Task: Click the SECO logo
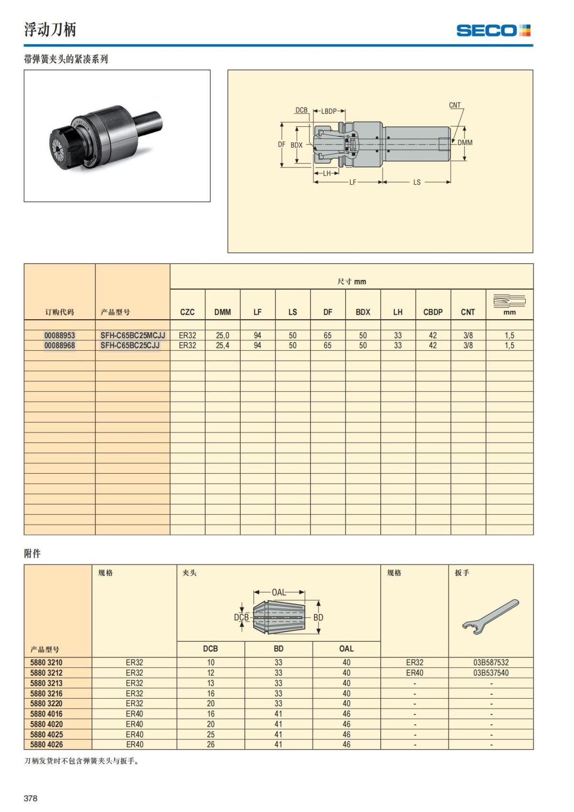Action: coord(493,31)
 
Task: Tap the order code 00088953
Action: coord(60,335)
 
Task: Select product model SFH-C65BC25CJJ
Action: coord(130,345)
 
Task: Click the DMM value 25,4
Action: coord(222,345)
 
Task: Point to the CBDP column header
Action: coord(433,312)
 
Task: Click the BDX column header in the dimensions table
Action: coord(363,312)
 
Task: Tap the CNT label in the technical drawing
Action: coord(454,105)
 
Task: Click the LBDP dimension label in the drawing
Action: coord(329,111)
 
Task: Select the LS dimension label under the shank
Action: coord(417,182)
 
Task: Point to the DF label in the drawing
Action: coord(281,144)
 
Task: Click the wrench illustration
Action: coord(490,616)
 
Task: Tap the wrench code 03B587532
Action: coord(491,663)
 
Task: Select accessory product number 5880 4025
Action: coord(46,734)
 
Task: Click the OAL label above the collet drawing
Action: coord(278,592)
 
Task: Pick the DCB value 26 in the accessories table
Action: coord(210,745)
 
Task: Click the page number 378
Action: coord(31,798)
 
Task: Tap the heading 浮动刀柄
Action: coord(50,30)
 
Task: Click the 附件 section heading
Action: coord(33,554)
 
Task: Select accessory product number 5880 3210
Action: coord(46,663)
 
